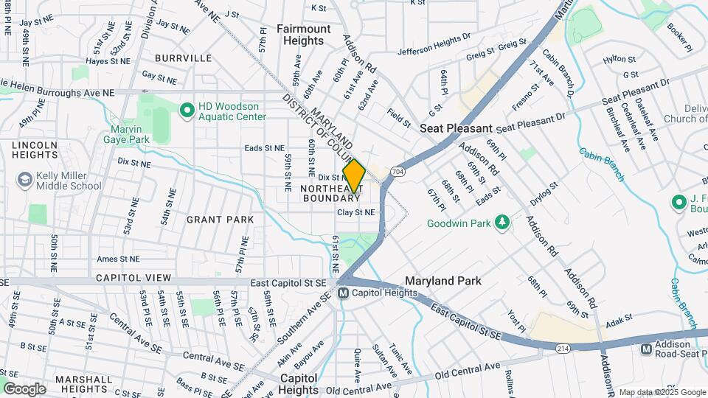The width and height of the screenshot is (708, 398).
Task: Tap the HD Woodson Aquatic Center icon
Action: coord(187,111)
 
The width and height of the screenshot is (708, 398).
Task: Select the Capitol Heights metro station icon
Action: coord(343,293)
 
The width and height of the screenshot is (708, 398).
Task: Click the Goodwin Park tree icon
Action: coord(502,222)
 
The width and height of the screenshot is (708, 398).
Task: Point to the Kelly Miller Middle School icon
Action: coord(24,180)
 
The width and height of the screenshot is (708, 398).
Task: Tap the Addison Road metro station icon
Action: coord(646,349)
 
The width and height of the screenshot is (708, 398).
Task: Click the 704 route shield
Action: coord(398,171)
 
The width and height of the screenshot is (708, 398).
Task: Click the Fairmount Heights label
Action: coord(304,35)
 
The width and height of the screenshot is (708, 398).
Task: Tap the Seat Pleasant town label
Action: coord(456,128)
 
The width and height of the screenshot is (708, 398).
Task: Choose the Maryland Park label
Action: coord(443,281)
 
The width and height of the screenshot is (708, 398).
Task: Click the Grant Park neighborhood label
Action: coord(220,220)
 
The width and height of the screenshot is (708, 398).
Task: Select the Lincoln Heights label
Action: coord(35,150)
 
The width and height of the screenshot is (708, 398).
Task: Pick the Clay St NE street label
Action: coord(356,212)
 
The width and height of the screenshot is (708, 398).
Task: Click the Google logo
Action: coord(24,388)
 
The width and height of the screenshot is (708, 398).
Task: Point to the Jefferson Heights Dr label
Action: coord(434,52)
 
